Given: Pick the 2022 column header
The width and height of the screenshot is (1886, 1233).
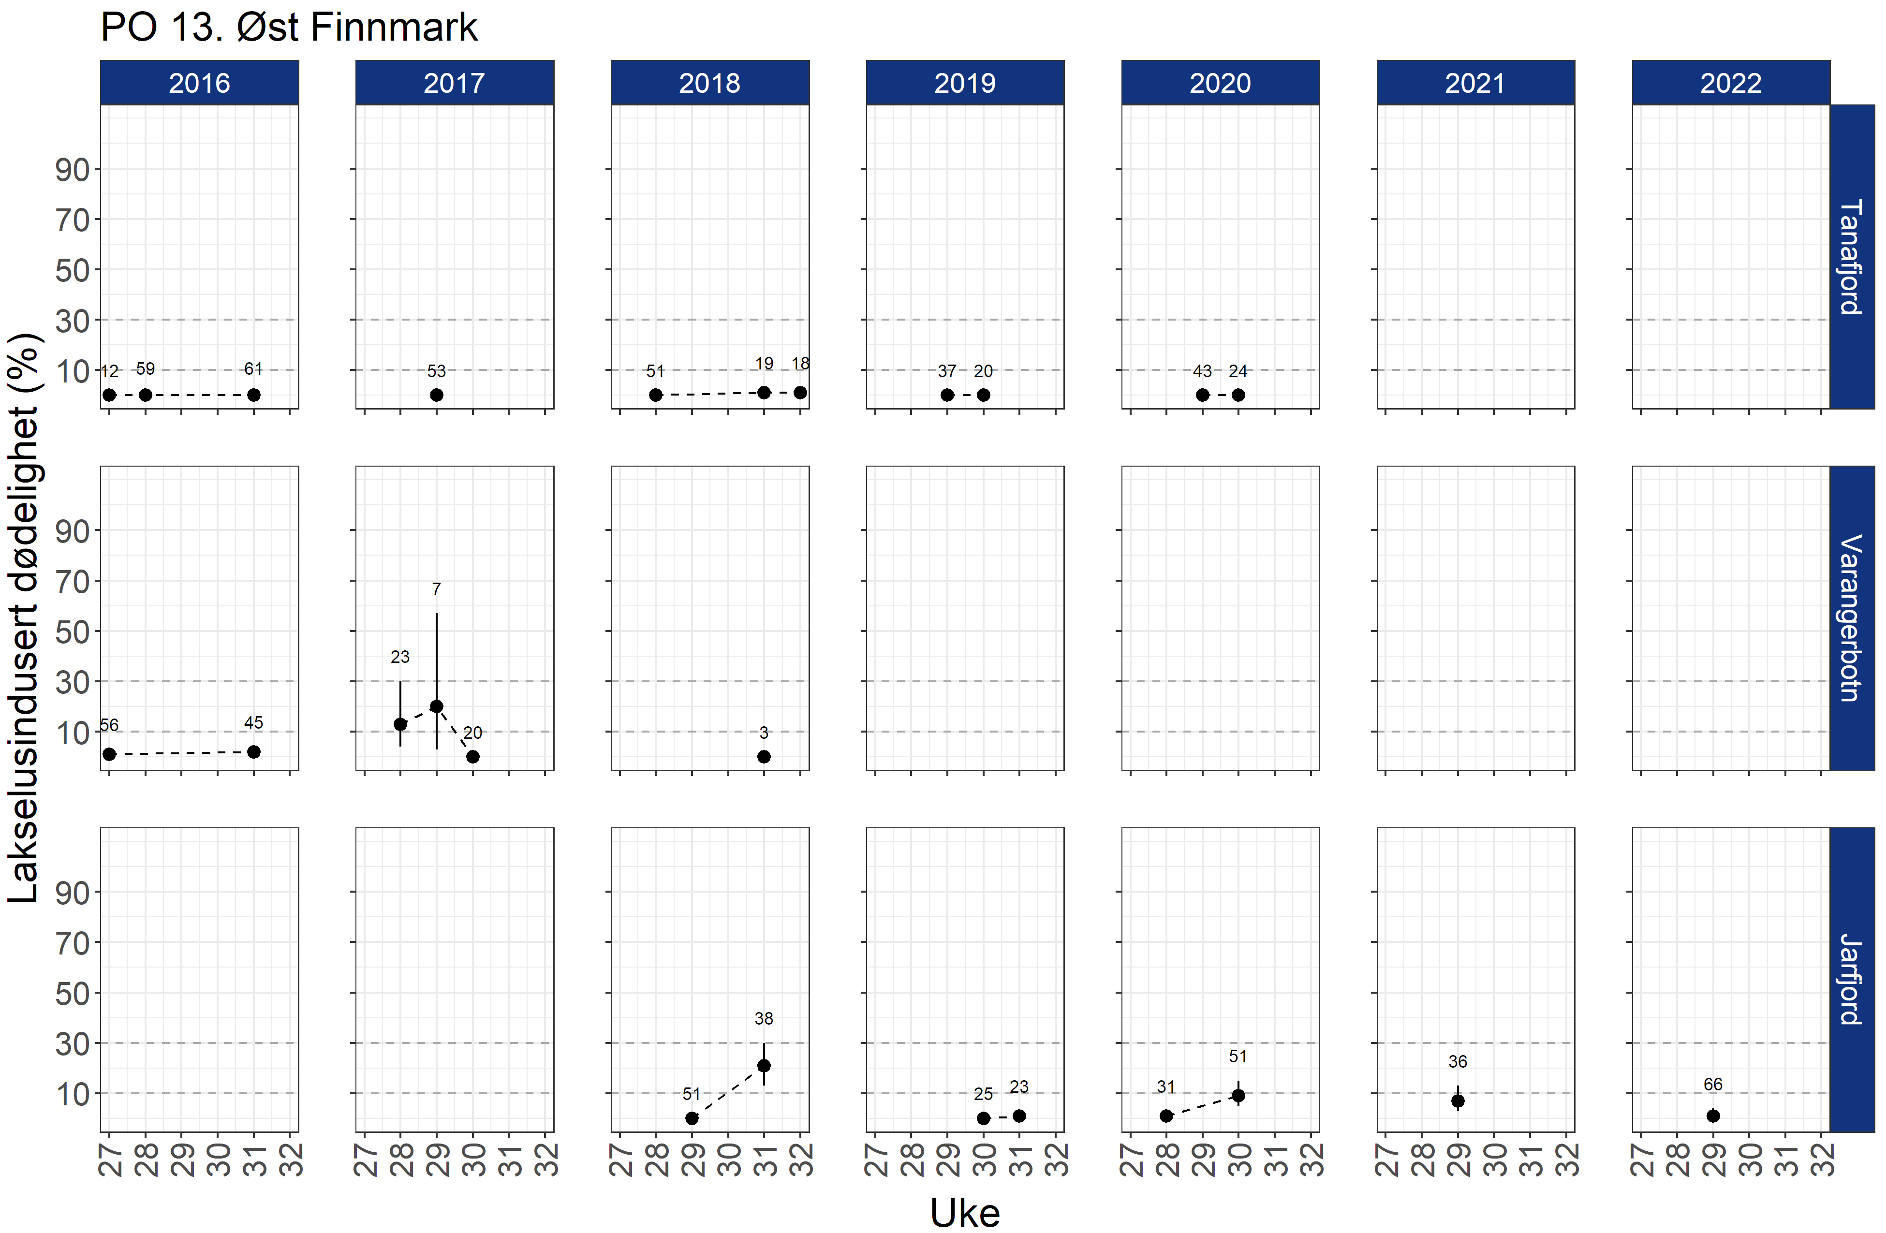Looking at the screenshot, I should click(1731, 82).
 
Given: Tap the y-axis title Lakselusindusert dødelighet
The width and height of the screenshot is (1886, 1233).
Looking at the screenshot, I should click(24, 618).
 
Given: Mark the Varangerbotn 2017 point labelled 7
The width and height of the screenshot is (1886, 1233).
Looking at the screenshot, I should click(437, 706).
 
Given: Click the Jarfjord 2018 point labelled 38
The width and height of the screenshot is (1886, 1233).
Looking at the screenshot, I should click(764, 1066).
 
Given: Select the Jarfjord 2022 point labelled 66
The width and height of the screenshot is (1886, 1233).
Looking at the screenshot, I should click(1713, 1116).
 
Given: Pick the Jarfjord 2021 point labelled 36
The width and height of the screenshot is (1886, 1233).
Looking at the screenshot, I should click(1458, 1101).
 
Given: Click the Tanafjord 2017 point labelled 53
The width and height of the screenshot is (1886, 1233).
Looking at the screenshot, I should click(437, 395).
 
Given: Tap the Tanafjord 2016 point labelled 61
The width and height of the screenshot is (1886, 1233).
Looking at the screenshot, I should click(253, 395).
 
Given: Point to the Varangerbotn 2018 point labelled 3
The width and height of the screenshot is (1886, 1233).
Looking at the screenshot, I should click(764, 757).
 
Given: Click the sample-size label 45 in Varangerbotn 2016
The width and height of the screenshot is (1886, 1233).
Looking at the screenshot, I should click(253, 723).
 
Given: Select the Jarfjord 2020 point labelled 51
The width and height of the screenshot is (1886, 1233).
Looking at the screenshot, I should click(1238, 1096).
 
